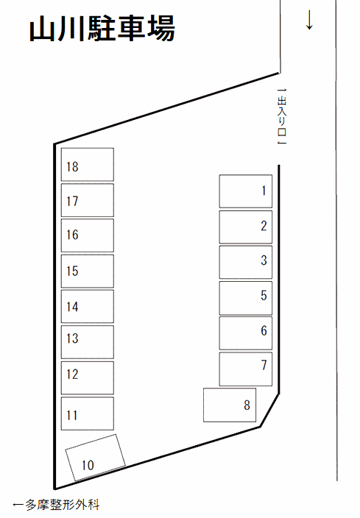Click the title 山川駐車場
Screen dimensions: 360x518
(x=102, y=29)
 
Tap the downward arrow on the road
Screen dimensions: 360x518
(x=309, y=20)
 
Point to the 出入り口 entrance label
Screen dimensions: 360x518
(x=281, y=116)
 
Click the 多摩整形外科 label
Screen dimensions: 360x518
(x=56, y=505)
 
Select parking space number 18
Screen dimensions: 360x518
(x=88, y=165)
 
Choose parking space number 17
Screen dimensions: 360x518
(x=88, y=200)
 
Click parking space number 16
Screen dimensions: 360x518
(x=88, y=235)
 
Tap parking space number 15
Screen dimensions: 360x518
(x=88, y=271)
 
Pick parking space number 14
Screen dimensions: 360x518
(x=88, y=306)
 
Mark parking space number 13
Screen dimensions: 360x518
(x=88, y=342)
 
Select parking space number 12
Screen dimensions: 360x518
(x=88, y=377)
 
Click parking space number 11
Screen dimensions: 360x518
(x=88, y=414)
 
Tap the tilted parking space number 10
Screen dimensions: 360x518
(x=95, y=458)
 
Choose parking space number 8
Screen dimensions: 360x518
(x=230, y=405)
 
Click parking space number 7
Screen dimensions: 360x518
(x=246, y=369)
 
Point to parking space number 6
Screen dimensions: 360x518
(x=246, y=333)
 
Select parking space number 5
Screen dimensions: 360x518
(x=246, y=298)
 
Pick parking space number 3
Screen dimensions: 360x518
(x=246, y=262)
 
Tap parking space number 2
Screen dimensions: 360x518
(x=246, y=227)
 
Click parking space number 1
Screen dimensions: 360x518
(x=246, y=191)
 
